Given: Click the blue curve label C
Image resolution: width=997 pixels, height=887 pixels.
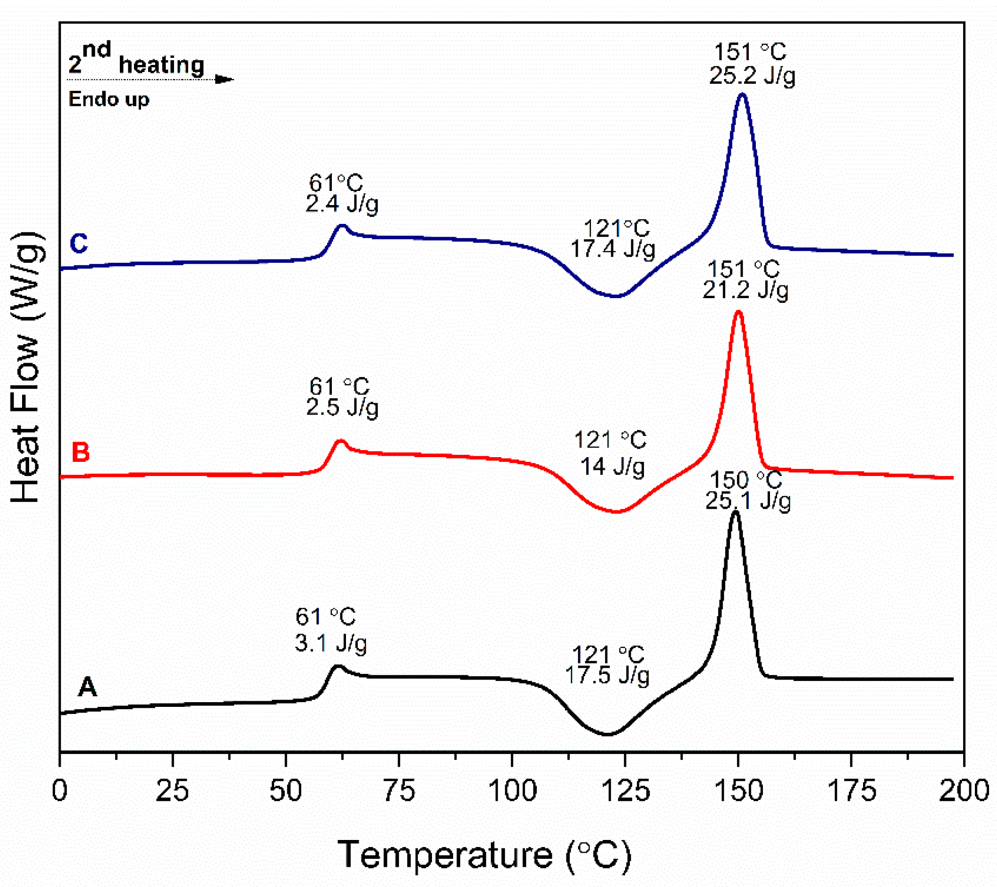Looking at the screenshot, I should click(79, 243).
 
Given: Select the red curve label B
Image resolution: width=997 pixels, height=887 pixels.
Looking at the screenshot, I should click(80, 452).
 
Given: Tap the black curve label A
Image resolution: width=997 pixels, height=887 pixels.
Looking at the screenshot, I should click(87, 687).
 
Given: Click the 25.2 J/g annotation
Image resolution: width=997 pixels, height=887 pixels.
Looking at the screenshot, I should click(752, 76).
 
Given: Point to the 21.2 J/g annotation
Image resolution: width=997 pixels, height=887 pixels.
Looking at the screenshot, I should click(745, 291).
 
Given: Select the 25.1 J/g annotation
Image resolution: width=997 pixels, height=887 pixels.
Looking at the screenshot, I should click(748, 501).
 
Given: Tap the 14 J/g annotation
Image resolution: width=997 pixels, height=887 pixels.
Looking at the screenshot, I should click(612, 467).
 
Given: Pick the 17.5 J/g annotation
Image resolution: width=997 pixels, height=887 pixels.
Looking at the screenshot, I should click(607, 676).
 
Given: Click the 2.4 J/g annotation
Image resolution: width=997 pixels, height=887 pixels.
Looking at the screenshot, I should click(341, 204).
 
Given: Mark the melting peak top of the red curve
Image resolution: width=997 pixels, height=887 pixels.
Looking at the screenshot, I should click(738, 312).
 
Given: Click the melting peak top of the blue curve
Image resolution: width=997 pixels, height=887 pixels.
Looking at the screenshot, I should click(741, 95).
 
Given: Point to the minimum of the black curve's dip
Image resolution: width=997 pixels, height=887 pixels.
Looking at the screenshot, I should click(606, 734).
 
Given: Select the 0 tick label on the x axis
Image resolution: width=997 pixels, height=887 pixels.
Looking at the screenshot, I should click(60, 791).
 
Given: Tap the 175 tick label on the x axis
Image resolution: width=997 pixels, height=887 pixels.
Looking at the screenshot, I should click(851, 791).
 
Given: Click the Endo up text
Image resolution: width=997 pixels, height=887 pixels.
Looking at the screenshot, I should click(108, 99).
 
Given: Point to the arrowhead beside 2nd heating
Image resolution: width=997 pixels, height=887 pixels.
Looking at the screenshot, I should click(225, 79).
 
